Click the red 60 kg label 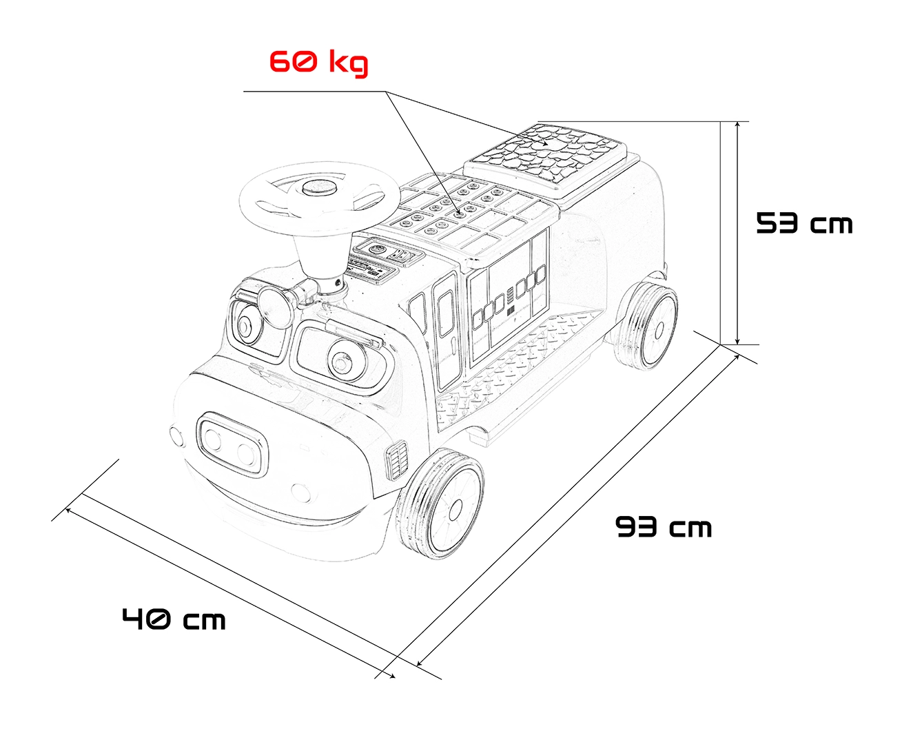click(318, 63)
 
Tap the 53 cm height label click(804, 223)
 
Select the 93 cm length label click(664, 527)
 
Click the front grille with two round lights click(232, 444)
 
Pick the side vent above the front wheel click(396, 460)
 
